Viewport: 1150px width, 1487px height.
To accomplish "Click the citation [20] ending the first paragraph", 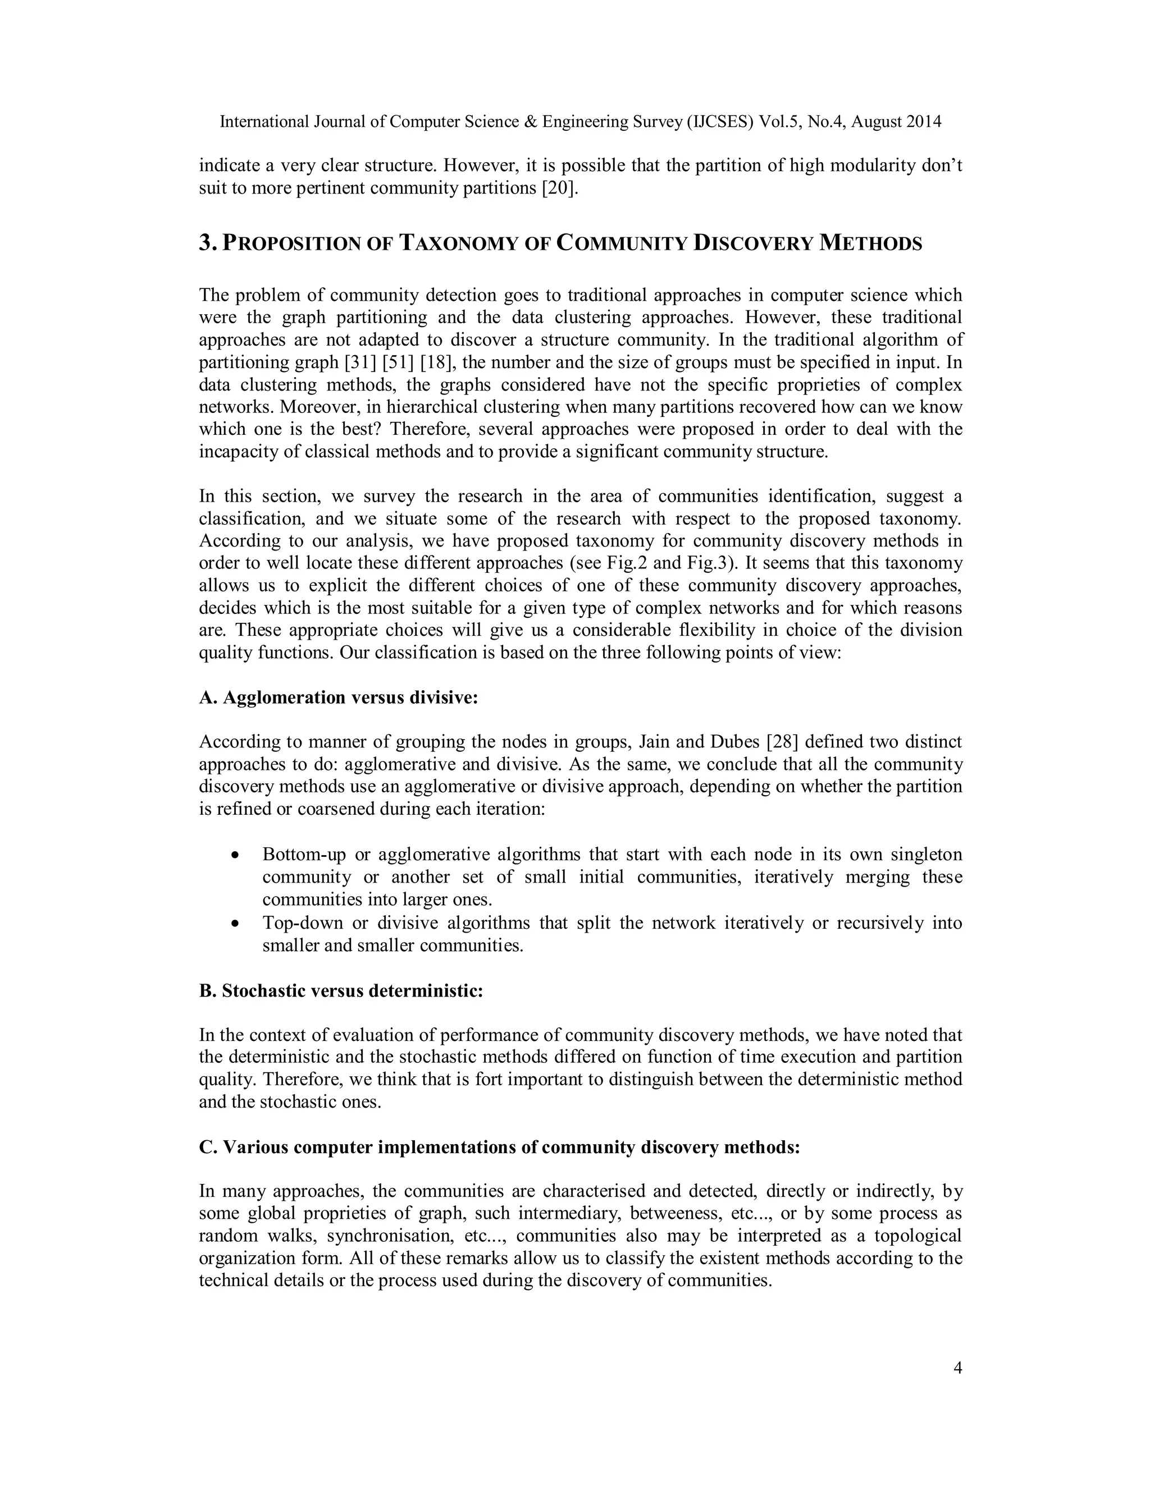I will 559,188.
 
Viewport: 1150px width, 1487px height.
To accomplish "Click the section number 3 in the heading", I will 206,243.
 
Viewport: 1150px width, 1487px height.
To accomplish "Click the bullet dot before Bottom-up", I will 235,855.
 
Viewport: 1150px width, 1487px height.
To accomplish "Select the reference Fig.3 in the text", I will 705,563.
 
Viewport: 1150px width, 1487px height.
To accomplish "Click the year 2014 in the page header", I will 924,122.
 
